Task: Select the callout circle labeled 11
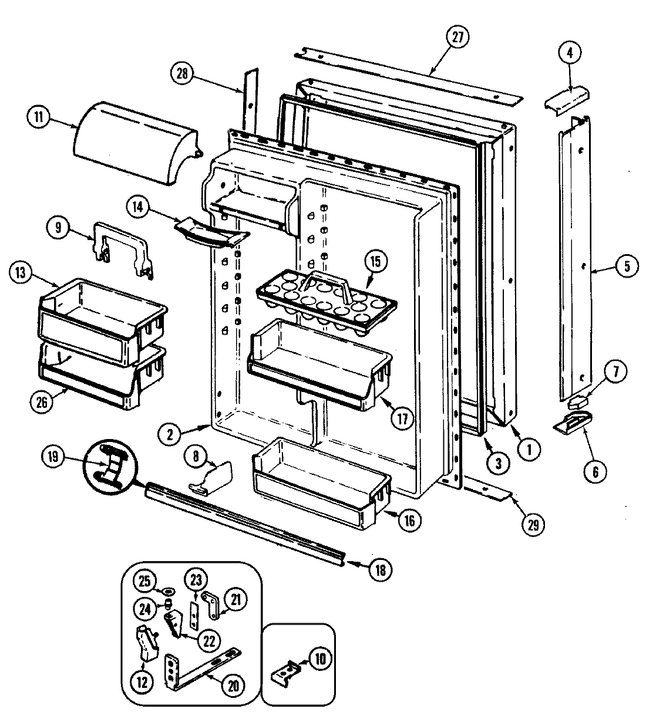[38, 117]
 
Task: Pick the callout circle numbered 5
[627, 266]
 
